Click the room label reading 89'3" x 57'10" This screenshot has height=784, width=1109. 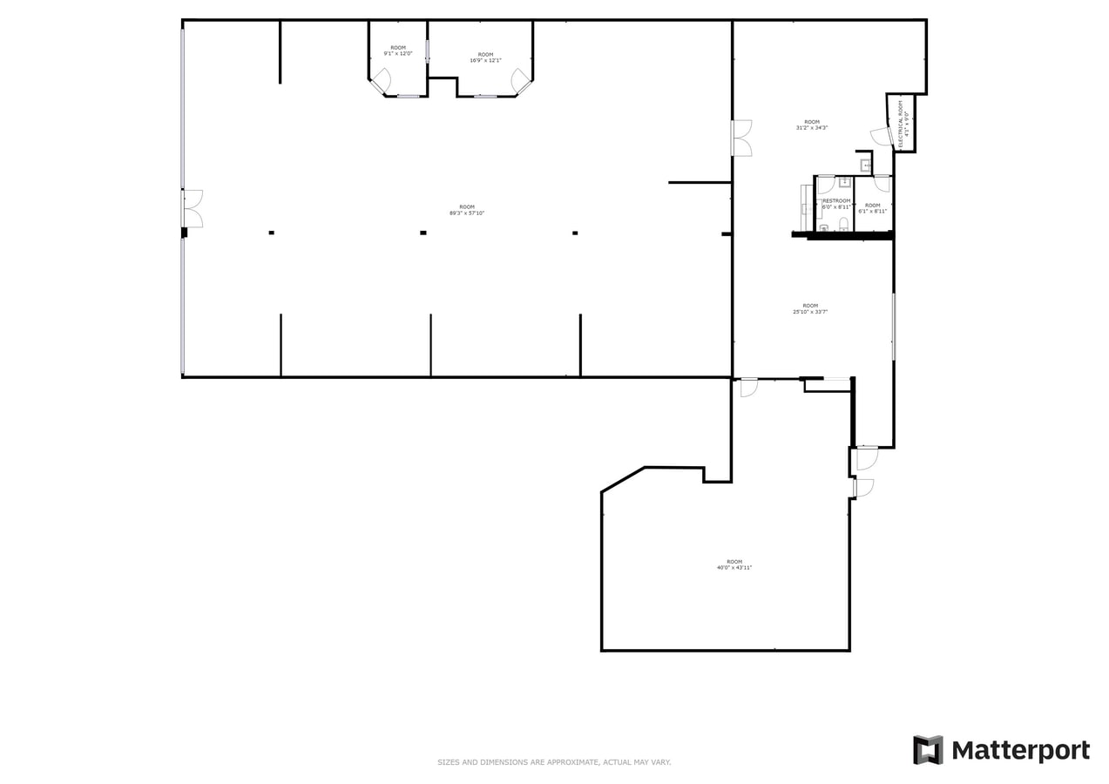click(467, 210)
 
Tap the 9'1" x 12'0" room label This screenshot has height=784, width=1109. click(397, 51)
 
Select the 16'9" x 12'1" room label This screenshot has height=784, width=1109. click(485, 57)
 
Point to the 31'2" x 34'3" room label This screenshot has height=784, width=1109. click(811, 125)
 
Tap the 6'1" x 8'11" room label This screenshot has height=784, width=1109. click(872, 208)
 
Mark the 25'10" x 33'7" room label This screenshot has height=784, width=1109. click(810, 308)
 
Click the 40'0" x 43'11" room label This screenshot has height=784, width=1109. click(734, 564)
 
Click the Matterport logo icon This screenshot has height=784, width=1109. click(928, 750)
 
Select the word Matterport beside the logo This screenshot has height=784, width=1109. click(1020, 751)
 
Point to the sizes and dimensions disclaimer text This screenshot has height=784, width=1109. click(554, 762)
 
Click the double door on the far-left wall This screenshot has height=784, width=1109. click(193, 209)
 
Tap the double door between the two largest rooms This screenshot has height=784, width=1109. click(740, 139)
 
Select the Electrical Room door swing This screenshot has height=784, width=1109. click(881, 137)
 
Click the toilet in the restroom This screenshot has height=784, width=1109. click(843, 225)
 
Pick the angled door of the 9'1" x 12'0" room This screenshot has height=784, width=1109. click(381, 81)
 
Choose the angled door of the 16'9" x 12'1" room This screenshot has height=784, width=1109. click(521, 82)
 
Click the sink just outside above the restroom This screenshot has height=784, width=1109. click(866, 165)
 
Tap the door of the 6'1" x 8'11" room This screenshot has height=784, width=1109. click(882, 183)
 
